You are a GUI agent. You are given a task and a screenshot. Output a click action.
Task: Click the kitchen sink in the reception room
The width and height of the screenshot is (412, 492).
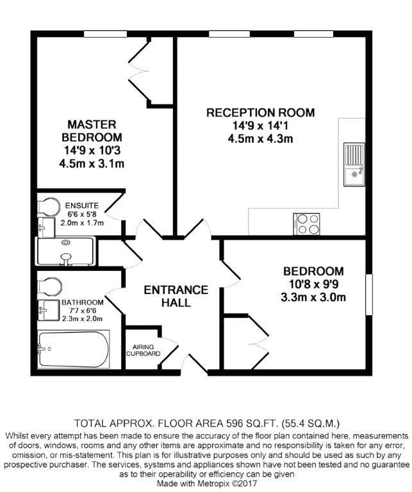click(x=354, y=165)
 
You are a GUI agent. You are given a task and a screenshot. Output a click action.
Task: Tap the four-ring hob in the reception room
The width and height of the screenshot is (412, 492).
click(x=306, y=224)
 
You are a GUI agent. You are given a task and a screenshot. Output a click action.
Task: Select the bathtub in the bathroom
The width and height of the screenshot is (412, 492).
click(x=74, y=349)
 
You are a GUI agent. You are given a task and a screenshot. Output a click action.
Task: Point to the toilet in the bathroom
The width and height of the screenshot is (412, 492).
click(x=49, y=286)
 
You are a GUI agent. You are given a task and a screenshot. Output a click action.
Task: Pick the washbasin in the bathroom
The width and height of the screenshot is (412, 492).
click(x=48, y=310)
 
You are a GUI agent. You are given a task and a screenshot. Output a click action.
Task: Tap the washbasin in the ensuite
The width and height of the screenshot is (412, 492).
click(x=46, y=227)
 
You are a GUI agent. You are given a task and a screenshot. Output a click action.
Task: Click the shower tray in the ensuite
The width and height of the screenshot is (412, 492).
click(x=65, y=252)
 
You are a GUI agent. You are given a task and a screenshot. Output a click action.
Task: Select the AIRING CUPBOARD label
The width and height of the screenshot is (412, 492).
click(x=143, y=350)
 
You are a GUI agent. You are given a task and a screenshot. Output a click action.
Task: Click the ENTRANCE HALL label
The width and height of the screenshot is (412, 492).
click(x=176, y=296)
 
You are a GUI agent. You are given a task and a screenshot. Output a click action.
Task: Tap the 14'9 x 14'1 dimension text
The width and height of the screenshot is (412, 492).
click(x=260, y=126)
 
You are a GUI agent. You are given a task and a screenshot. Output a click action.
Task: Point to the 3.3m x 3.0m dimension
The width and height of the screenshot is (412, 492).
click(x=313, y=297)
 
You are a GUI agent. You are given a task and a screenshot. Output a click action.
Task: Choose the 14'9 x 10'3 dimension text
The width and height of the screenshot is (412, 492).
click(x=92, y=151)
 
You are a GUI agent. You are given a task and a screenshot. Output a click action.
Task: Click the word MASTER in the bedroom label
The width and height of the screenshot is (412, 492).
click(x=92, y=124)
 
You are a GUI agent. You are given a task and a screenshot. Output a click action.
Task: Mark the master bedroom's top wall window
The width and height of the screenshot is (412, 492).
click(x=105, y=34)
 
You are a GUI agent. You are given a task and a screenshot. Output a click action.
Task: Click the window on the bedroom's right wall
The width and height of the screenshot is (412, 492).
click(x=369, y=294)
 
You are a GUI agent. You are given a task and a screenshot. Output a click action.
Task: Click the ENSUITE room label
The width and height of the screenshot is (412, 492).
click(x=82, y=206)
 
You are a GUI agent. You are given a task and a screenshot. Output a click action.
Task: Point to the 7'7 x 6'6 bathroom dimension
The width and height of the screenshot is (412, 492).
click(x=82, y=311)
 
